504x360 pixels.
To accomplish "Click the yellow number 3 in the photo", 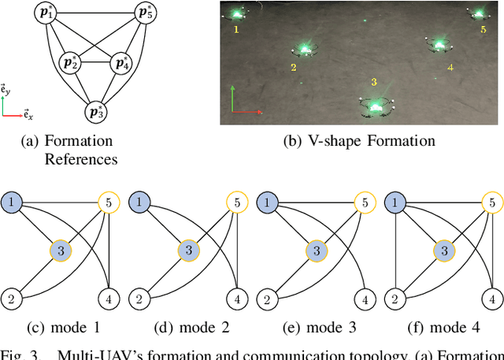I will [x=374, y=82].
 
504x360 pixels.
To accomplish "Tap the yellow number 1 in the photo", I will [x=235, y=29].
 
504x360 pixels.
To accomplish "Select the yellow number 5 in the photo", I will [x=483, y=29].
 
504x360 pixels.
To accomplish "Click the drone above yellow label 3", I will [x=376, y=106].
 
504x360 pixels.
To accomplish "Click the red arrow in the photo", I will [x=247, y=113].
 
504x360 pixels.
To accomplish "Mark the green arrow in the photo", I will [x=232, y=99].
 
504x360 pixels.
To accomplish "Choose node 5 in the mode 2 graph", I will [x=235, y=203].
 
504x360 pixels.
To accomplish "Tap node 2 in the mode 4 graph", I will [x=396, y=299].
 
